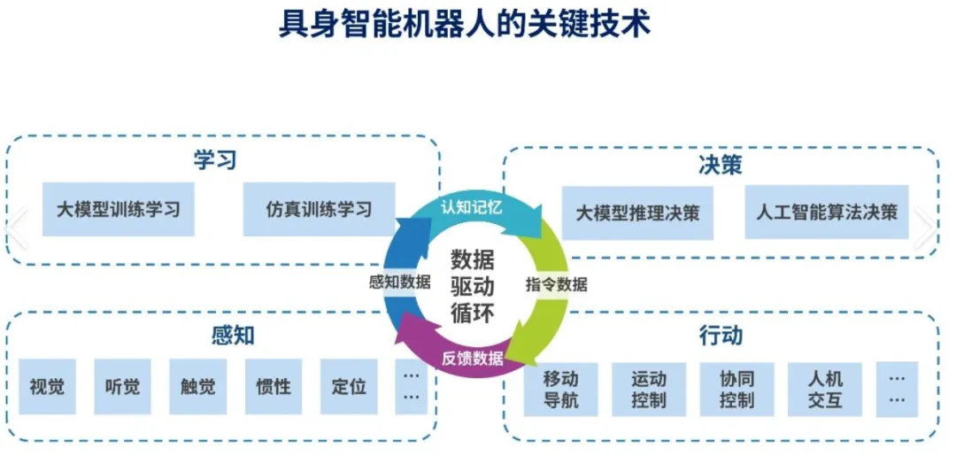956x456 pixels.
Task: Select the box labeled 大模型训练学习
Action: pyautogui.click(x=118, y=210)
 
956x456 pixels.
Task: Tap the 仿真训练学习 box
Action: pyautogui.click(x=319, y=210)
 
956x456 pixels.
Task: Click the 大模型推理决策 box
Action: pyautogui.click(x=638, y=213)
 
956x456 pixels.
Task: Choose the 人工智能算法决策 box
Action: pyautogui.click(x=827, y=213)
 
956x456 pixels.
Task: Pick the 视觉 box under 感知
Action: pyautogui.click(x=47, y=387)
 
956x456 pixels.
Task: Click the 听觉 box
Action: pyautogui.click(x=122, y=387)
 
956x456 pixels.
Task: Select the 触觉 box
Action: pyautogui.click(x=197, y=387)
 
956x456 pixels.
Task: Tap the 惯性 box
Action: pyautogui.click(x=273, y=387)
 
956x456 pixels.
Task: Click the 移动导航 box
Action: pyautogui.click(x=560, y=390)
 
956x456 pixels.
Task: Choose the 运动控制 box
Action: pyautogui.click(x=649, y=390)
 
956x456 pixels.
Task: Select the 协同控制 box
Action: pyautogui.click(x=736, y=390)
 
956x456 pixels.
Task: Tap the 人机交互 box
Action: pyautogui.click(x=824, y=390)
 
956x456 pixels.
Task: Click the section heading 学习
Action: pyautogui.click(x=215, y=161)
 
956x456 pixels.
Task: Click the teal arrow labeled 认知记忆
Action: pyautogui.click(x=472, y=210)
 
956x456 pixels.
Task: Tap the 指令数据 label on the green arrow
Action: pyautogui.click(x=556, y=285)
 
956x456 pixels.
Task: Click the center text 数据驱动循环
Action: pyautogui.click(x=473, y=285)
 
